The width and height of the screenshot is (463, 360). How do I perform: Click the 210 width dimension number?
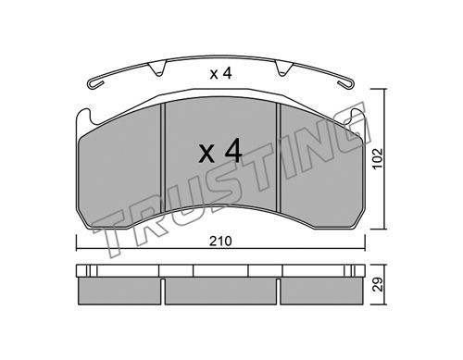[x=220, y=241]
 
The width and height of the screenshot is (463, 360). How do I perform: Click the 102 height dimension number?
[x=377, y=159]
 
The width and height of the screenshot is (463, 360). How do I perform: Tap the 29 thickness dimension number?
[x=377, y=284]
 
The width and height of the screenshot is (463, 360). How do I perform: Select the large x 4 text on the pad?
[x=220, y=151]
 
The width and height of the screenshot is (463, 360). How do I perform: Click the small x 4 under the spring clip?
[x=220, y=74]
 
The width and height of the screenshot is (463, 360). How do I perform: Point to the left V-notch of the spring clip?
[x=157, y=68]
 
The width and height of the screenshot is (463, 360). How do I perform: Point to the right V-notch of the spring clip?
[x=283, y=68]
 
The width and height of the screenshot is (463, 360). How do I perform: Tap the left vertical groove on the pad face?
[x=163, y=158]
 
